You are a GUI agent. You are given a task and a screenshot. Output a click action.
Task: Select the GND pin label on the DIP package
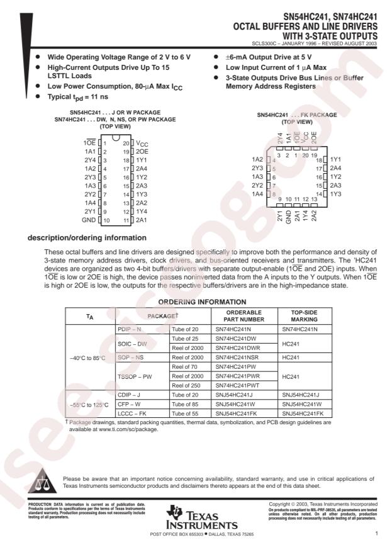(x=89, y=221)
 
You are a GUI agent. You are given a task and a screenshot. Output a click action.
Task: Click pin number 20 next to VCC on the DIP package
(x=126, y=144)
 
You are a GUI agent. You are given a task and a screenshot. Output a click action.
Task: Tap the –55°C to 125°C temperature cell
(x=89, y=405)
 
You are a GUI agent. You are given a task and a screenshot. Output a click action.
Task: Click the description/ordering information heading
(x=87, y=237)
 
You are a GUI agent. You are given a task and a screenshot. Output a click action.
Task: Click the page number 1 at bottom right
(x=376, y=533)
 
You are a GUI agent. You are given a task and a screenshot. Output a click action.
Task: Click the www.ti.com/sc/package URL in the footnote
(x=126, y=429)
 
